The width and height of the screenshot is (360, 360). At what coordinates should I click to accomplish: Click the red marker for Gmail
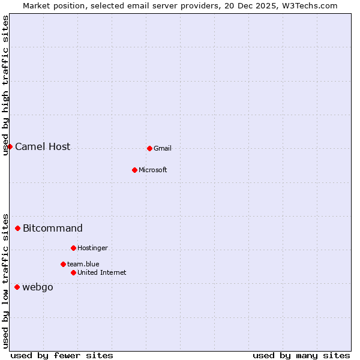click(149, 148)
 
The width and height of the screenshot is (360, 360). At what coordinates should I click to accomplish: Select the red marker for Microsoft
click(134, 170)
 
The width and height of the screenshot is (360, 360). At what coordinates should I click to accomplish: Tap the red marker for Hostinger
click(73, 248)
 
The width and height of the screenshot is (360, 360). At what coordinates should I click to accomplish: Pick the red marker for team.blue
click(63, 264)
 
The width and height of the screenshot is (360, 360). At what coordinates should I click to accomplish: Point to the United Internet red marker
click(73, 272)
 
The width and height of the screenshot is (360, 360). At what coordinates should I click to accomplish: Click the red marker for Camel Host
click(10, 146)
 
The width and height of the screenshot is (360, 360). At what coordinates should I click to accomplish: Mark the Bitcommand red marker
click(17, 228)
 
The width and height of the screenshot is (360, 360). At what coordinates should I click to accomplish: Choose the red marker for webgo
click(17, 287)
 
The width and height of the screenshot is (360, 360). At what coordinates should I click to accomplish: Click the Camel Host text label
click(43, 147)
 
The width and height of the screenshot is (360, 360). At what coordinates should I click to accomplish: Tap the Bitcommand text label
click(53, 229)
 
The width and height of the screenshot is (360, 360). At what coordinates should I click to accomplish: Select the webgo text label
click(38, 287)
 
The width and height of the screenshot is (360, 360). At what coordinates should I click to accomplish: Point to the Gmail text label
click(163, 149)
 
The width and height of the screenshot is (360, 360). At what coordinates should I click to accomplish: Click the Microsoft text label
click(153, 170)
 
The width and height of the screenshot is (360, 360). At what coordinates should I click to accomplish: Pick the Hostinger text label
click(92, 248)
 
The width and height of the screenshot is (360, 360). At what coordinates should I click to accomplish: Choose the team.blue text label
click(83, 265)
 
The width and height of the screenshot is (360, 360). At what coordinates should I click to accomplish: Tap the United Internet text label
click(102, 273)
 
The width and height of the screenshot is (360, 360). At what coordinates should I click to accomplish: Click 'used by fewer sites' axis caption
click(62, 355)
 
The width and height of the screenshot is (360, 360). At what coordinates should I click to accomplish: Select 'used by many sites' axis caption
click(301, 355)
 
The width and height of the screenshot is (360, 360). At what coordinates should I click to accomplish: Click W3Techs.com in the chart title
click(310, 6)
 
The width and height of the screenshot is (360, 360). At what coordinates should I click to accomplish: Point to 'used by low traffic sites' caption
click(6, 280)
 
